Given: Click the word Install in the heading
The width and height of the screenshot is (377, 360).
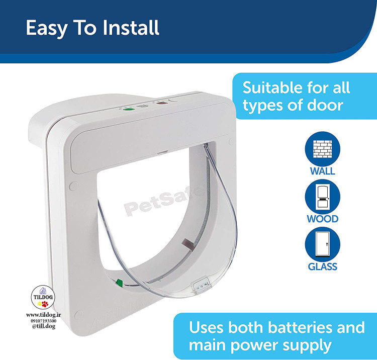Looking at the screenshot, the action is click(x=131, y=28).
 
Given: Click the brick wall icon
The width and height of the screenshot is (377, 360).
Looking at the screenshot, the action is click(x=322, y=149).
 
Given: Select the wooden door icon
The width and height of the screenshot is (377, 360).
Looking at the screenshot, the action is click(x=322, y=197).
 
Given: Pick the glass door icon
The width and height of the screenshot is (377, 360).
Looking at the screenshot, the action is click(x=322, y=244).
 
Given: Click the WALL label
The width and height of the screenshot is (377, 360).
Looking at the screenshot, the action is click(x=322, y=171).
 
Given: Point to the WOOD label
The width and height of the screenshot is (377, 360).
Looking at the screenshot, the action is click(x=322, y=219).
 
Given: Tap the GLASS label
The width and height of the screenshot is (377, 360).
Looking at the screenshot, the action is click(x=322, y=266).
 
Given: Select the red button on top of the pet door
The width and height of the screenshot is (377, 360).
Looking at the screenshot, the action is click(x=162, y=103).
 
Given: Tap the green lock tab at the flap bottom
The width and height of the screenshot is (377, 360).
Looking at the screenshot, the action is click(x=119, y=283).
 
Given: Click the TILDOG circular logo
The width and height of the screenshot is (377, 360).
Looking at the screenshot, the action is click(x=43, y=297).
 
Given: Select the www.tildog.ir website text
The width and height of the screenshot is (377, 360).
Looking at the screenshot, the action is click(x=44, y=315).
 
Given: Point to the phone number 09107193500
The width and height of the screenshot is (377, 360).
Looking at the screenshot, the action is click(x=44, y=321).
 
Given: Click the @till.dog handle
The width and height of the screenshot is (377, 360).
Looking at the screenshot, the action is click(x=44, y=326).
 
